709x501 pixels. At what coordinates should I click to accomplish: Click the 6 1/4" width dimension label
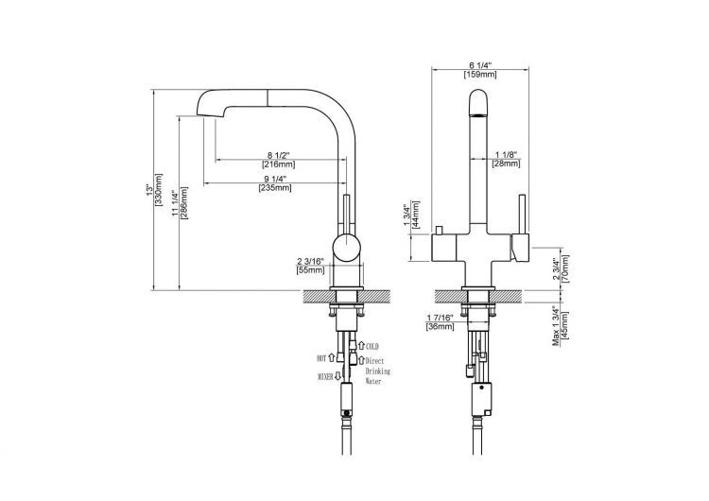[479, 65]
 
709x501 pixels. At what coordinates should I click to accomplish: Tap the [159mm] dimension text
[479, 75]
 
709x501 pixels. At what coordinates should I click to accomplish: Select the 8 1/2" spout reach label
[279, 155]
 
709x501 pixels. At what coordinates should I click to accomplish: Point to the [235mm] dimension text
[275, 188]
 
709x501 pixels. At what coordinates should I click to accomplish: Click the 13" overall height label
[149, 189]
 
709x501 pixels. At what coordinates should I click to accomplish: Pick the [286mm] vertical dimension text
[184, 203]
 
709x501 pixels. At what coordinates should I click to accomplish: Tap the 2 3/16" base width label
[311, 261]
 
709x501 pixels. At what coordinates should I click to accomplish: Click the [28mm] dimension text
[506, 164]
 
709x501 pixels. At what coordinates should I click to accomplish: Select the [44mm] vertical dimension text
[416, 215]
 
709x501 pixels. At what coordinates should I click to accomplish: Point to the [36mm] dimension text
[440, 326]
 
